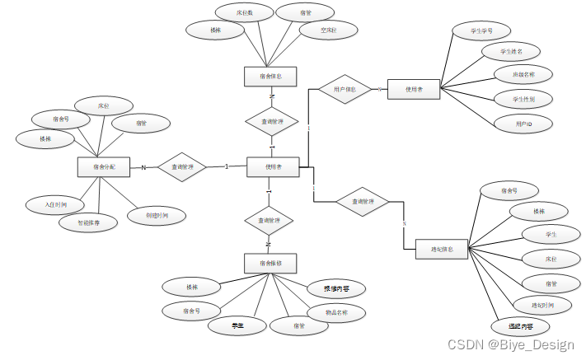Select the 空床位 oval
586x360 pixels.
point(317,31)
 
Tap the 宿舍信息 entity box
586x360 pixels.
point(270,77)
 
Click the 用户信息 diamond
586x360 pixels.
point(345,88)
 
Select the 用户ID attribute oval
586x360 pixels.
point(523,124)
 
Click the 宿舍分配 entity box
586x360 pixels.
point(105,167)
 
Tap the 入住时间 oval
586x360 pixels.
point(51,203)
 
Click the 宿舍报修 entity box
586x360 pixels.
point(270,264)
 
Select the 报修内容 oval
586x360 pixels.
point(336,289)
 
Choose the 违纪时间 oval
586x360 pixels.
point(539,306)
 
